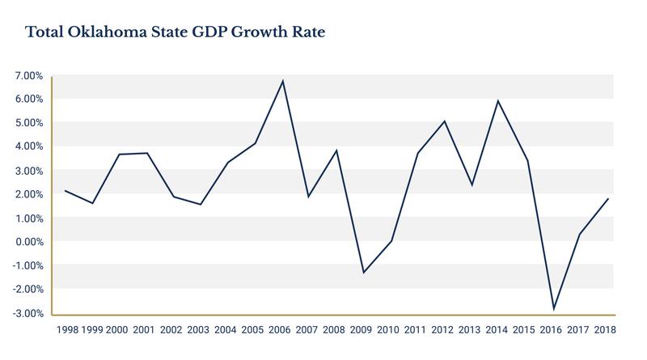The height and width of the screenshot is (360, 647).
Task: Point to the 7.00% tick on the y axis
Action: pos(28,76)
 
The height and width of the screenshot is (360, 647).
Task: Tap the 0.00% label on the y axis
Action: pos(28,242)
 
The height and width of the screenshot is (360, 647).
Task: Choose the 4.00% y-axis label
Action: pos(28,146)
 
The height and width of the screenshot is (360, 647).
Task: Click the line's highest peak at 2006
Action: pos(282,81)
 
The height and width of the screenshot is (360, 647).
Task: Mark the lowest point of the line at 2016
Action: pos(554,309)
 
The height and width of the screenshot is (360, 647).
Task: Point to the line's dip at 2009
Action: pos(364,273)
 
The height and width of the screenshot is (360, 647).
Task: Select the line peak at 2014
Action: pos(499,101)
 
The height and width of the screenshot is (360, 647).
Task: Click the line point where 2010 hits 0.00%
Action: pos(391,241)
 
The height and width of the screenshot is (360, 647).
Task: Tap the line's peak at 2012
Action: pos(445,121)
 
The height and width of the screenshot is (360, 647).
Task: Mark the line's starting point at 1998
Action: pos(66,191)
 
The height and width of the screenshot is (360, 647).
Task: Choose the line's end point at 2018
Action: pos(608,199)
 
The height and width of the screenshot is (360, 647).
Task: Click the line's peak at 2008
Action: pos(336,150)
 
